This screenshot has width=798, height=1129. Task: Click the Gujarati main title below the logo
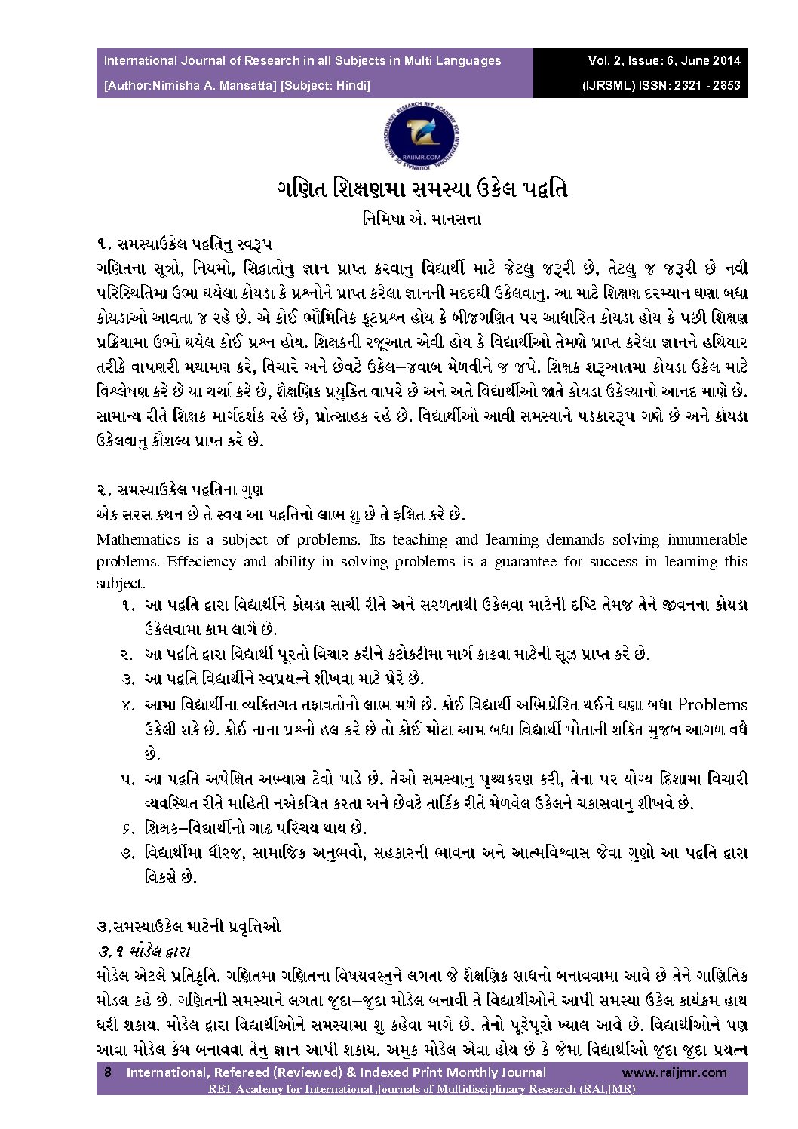click(x=422, y=189)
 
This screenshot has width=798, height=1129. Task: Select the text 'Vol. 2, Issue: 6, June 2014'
click(x=664, y=60)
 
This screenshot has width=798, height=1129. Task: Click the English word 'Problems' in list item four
click(x=712, y=704)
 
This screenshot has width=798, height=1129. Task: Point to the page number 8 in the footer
click(x=107, y=1072)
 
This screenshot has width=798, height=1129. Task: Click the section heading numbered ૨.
click(x=180, y=490)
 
